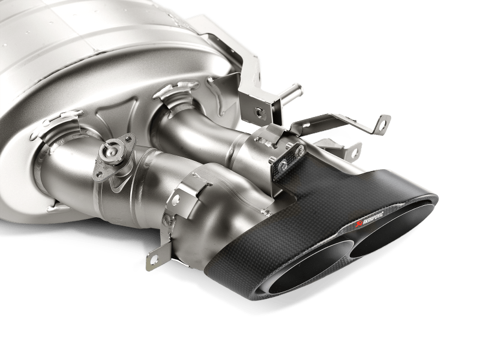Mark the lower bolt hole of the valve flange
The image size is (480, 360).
point(100,174)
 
